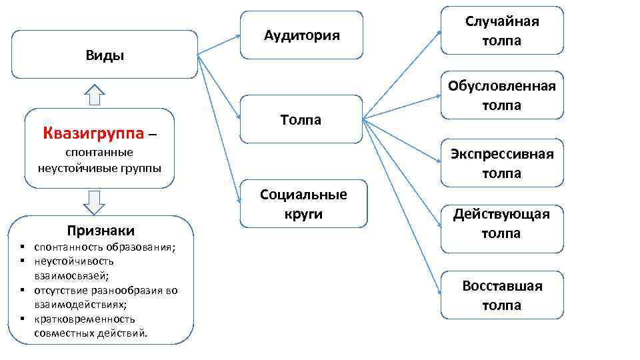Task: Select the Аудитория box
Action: tap(301, 35)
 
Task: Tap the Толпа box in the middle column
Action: tap(301, 120)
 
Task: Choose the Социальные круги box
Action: tap(303, 204)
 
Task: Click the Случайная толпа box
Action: tap(502, 31)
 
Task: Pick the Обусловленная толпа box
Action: tap(502, 95)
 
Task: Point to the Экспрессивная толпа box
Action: tap(502, 163)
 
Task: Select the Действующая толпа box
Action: tap(502, 223)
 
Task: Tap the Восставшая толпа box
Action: tap(502, 295)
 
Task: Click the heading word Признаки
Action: tap(101, 231)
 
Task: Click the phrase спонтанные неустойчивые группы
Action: tap(99, 160)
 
